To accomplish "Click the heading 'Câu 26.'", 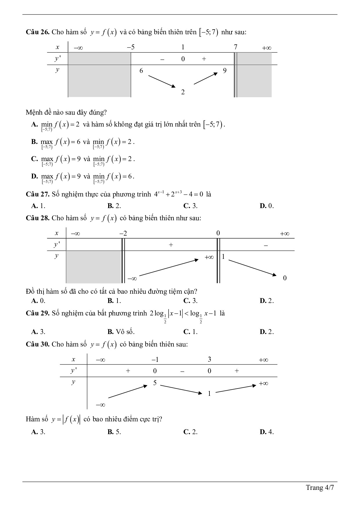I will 37,32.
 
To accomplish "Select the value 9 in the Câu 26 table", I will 225,71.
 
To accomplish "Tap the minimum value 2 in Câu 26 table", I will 183,92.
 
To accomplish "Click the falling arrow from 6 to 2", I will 162,81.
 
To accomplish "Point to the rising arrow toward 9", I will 205,78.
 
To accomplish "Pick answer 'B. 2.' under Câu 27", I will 114,206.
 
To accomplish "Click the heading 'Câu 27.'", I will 37,194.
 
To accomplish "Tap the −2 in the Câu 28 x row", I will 123,233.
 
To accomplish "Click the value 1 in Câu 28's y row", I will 223,257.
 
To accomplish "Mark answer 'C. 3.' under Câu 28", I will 190,301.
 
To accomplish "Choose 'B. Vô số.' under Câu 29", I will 121,332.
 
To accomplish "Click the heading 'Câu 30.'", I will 37,344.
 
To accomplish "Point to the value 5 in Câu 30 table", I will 155,383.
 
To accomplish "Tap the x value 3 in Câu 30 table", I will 209,359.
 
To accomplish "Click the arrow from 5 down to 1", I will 181,389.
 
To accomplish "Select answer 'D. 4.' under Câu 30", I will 267,432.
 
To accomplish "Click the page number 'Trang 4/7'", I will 320,488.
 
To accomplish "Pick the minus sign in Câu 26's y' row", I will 162,59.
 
